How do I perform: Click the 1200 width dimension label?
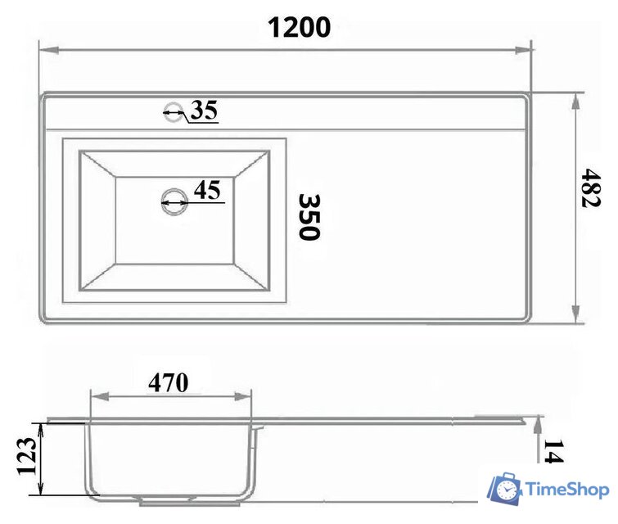pos(299,28)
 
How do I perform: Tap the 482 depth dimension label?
pos(591,188)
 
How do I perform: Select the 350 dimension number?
pos(309,216)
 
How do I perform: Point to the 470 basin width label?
pos(169,382)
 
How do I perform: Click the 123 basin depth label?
pos(27,456)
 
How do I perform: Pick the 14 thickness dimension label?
pos(554,450)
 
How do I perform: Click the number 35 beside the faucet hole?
pos(204,110)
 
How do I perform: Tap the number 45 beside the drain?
pos(207,190)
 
